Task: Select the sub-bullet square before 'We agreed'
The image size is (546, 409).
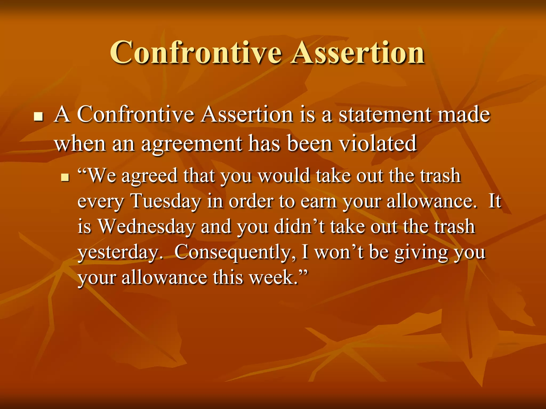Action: pos(65,177)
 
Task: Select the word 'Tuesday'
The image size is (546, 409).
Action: pos(166,201)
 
